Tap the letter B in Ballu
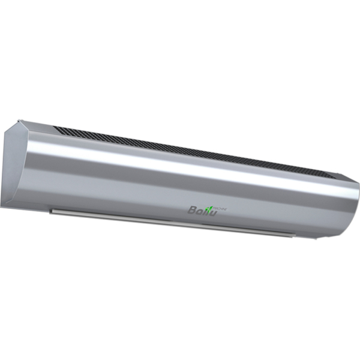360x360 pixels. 193,209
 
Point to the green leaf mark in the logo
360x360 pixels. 211,206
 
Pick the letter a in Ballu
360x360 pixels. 200,211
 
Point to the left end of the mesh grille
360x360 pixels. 57,128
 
